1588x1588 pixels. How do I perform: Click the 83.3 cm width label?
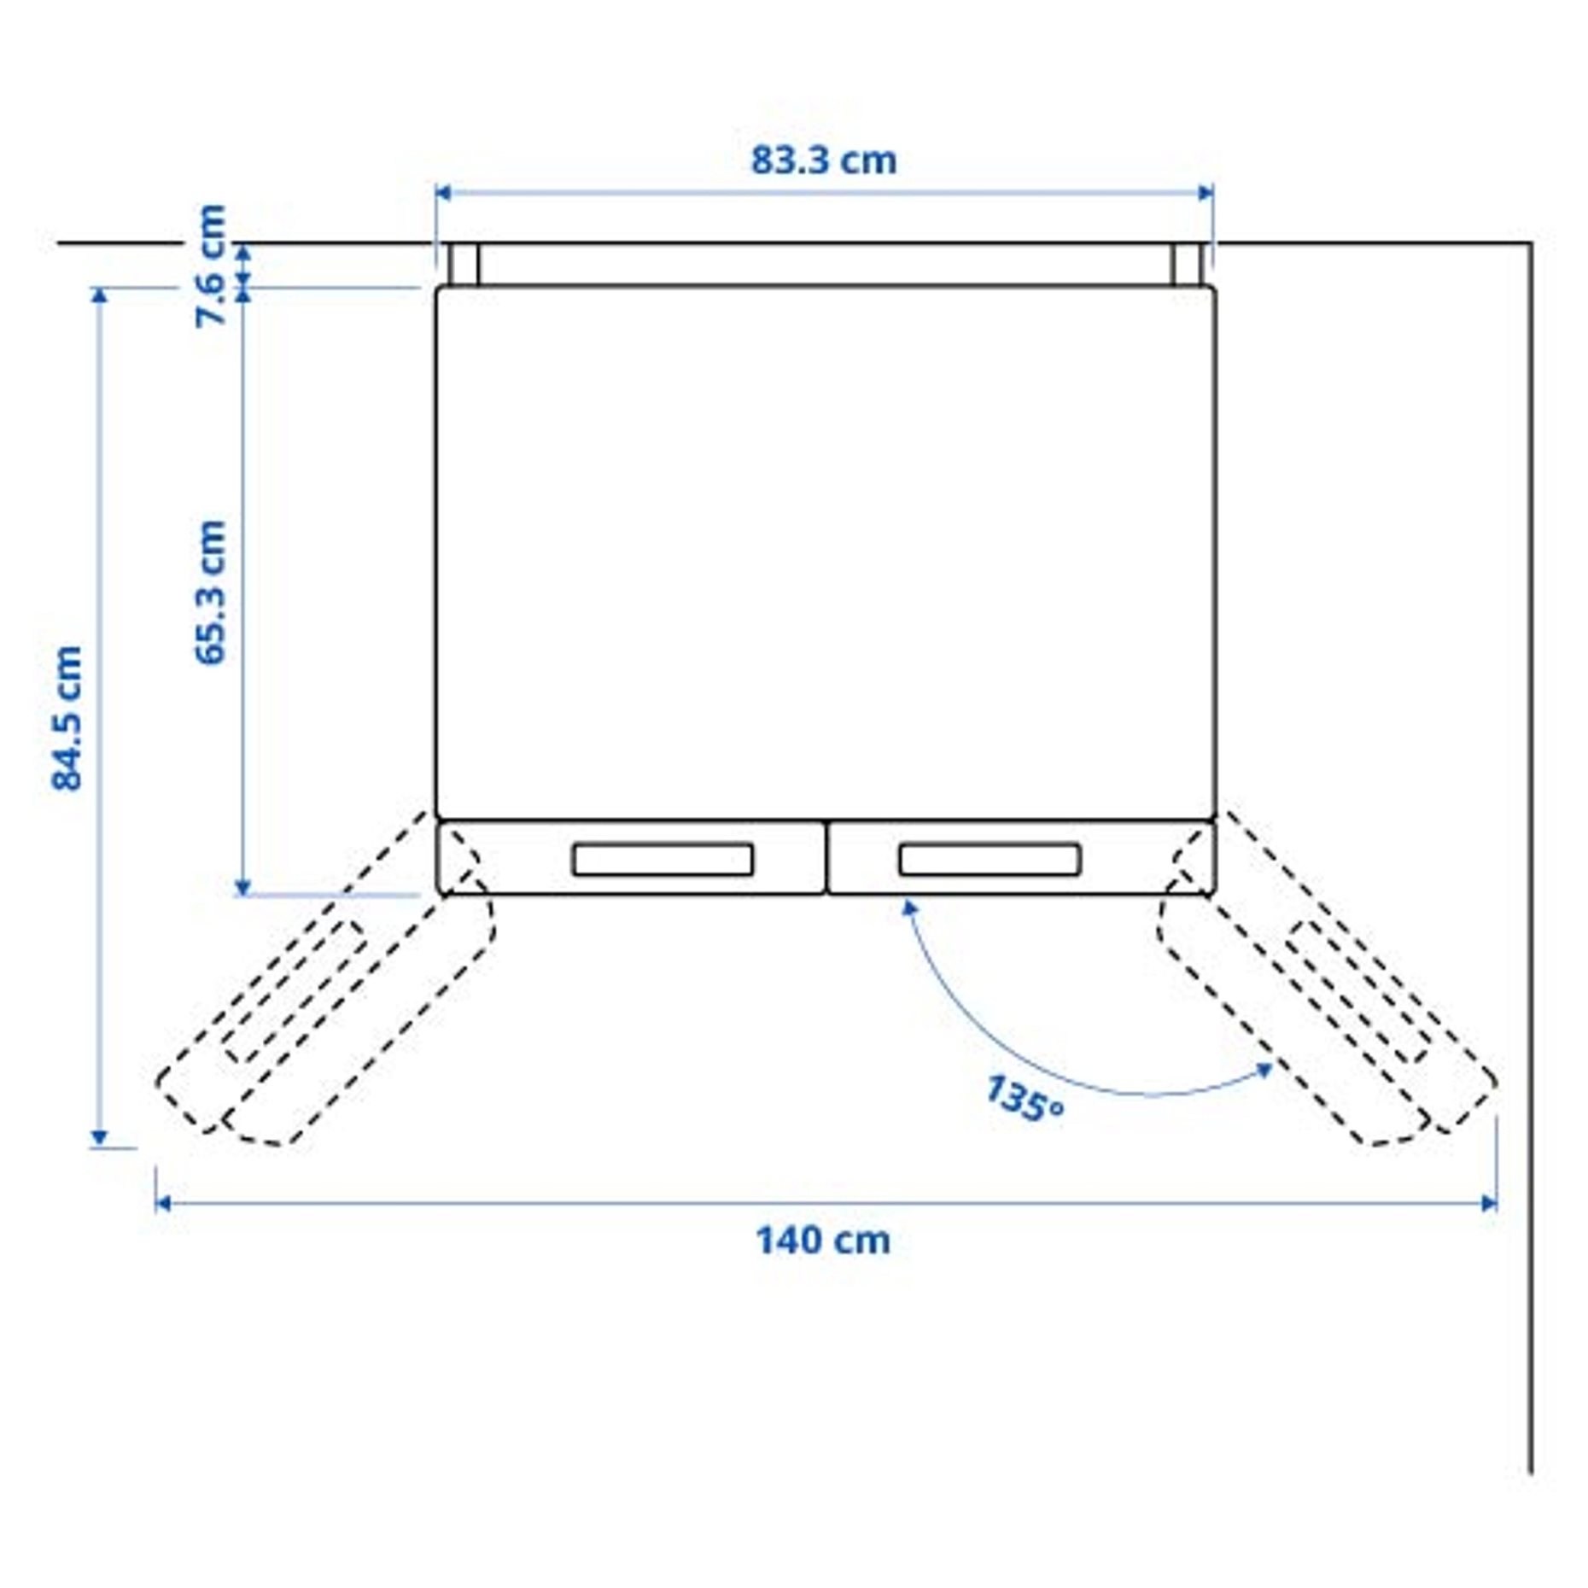click(823, 161)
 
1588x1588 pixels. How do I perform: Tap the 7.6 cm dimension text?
click(210, 266)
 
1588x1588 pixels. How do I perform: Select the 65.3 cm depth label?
click(210, 592)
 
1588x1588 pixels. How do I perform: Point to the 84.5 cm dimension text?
click(67, 718)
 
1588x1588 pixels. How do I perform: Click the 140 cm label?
click(822, 1241)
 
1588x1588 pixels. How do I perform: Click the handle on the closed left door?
click(663, 860)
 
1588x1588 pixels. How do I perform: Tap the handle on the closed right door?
click(990, 860)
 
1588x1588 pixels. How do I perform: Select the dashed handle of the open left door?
click(295, 991)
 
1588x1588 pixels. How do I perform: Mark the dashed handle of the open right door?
click(1359, 991)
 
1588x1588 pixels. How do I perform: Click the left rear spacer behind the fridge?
click(464, 265)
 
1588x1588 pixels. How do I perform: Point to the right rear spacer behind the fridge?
click(1187, 265)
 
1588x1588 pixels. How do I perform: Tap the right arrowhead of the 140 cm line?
click(1489, 1204)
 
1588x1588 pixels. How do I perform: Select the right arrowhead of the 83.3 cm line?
click(1206, 193)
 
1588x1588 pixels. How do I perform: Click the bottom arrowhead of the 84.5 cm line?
click(100, 1138)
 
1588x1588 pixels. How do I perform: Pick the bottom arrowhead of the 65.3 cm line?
click(242, 888)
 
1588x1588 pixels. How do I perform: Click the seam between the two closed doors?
click(826, 858)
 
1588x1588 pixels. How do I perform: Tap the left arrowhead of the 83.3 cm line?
click(442, 193)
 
